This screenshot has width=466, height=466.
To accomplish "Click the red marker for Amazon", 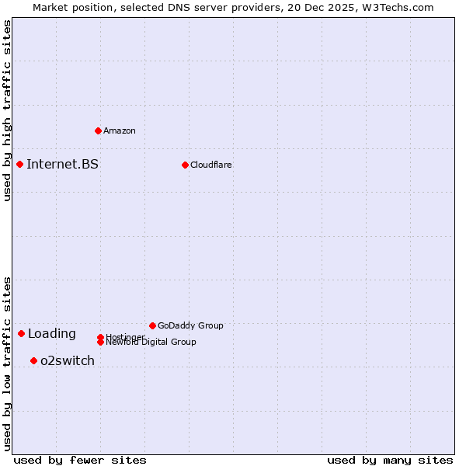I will [x=98, y=130].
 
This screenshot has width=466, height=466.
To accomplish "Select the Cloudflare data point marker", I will [x=185, y=165].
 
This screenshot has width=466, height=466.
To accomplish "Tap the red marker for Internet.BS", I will [x=19, y=164].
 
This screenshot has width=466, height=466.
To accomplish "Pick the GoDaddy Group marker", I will [x=152, y=325].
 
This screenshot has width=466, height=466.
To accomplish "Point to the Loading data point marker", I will [x=21, y=333].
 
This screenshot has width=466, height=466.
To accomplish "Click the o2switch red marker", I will [x=33, y=360].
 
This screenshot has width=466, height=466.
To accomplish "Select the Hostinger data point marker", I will [x=100, y=337].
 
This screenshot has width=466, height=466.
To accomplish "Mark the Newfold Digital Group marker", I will [x=100, y=343].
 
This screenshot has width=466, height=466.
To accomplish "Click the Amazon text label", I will [x=120, y=130].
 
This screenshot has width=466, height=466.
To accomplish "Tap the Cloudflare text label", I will [x=211, y=165].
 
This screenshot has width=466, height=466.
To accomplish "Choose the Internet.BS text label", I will [x=62, y=164].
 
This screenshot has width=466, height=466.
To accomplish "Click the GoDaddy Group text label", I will [x=190, y=325].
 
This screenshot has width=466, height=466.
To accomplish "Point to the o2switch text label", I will [x=68, y=360].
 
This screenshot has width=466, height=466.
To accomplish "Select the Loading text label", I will [x=52, y=334].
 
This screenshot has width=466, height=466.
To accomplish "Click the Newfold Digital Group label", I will [x=151, y=343].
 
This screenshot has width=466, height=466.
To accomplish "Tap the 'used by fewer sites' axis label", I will [x=80, y=460].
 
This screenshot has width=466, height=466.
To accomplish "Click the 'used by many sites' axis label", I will [x=390, y=460].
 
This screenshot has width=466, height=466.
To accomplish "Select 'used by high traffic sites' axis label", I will [x=8, y=110].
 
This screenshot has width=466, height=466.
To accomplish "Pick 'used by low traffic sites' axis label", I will [x=8, y=363].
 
